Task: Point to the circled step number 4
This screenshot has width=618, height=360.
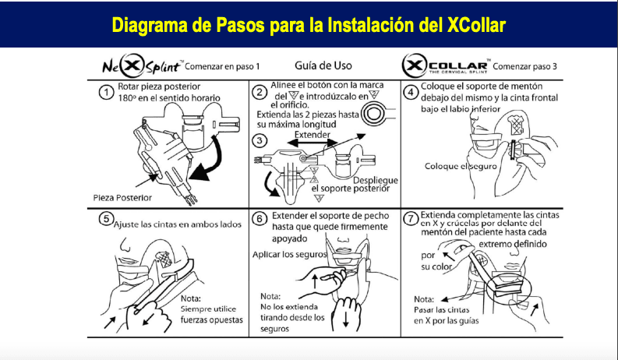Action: coord(410,92)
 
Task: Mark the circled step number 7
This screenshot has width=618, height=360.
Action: coord(410,219)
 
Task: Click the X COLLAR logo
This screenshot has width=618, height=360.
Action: coord(445,65)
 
